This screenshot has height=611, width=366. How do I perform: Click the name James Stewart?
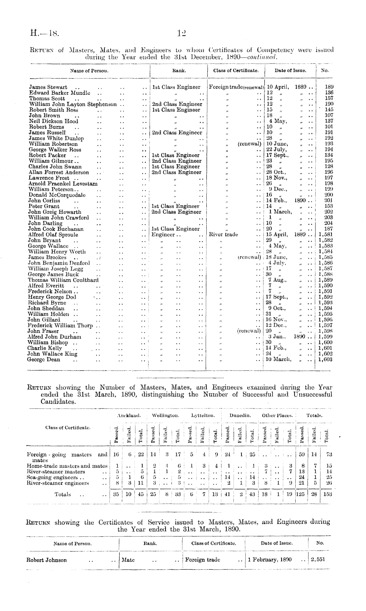coord(48,87)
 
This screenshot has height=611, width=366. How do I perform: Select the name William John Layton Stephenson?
coord(73,104)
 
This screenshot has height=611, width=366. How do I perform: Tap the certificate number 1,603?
coord(326,360)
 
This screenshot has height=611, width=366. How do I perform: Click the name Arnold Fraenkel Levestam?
coord(63,184)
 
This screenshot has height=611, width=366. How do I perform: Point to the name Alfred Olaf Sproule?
coord(53,235)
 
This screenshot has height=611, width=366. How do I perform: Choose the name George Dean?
coord(44,360)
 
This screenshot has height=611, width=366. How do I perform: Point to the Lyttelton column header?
coord(203,415)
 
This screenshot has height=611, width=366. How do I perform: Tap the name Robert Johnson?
coord(46,560)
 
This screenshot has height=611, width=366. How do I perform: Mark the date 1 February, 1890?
coord(270,560)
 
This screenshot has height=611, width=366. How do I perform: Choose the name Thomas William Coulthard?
coord(63,280)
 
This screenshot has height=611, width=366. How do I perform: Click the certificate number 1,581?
coord(326,235)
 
